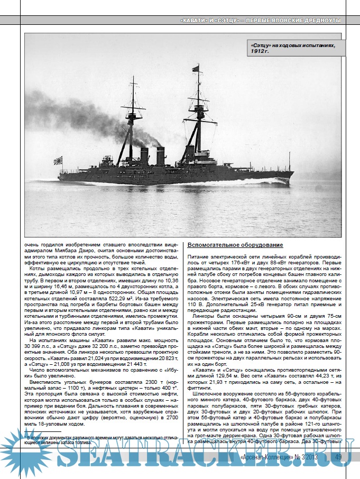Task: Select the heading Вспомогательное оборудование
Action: pyautogui.click(x=235, y=245)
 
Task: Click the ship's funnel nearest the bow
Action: pyautogui.click(x=160, y=155)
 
